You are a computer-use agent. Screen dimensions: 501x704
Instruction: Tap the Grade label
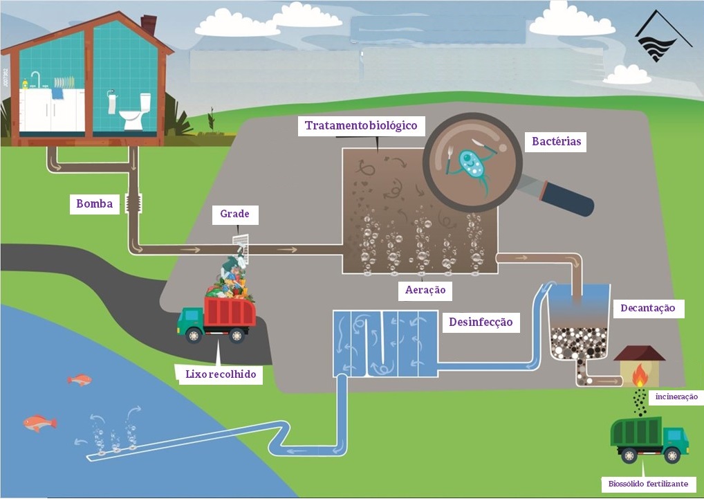[234, 215]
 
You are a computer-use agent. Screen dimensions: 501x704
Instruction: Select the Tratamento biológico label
[362, 126]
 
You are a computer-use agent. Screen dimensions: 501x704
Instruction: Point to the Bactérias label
[555, 142]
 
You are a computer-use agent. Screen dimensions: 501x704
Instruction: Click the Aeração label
[425, 291]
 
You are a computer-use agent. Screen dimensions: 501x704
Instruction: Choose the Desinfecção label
[481, 322]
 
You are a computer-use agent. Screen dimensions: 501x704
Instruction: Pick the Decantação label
[647, 308]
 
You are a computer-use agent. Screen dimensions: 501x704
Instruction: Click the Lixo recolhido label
[221, 374]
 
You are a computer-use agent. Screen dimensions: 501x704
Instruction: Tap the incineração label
[676, 397]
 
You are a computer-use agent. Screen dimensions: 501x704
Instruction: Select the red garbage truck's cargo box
[230, 311]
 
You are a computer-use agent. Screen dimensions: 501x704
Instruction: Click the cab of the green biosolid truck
[674, 438]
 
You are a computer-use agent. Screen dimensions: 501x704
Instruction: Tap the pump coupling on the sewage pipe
[135, 203]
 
